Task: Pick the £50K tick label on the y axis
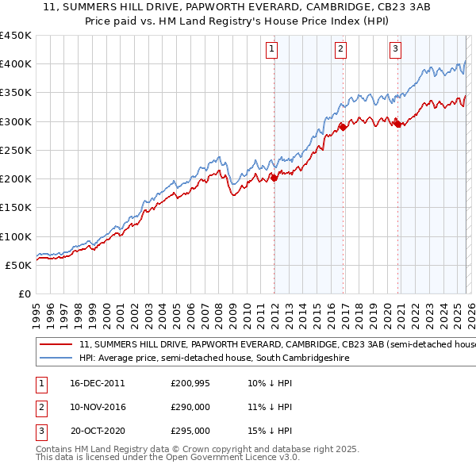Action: tap(19, 265)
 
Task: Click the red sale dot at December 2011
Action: tap(274, 178)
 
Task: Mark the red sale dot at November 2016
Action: tap(343, 127)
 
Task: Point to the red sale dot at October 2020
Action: tap(397, 124)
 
